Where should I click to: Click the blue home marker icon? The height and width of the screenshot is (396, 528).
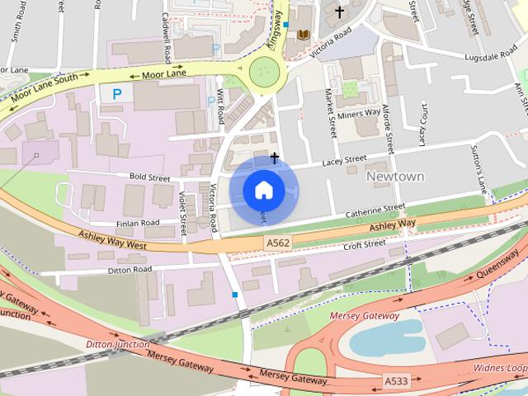point(262,191)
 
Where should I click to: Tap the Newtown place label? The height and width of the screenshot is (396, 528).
point(394,177)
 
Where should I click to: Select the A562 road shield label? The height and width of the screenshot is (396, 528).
point(277,243)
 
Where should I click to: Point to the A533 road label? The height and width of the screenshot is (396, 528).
point(396,380)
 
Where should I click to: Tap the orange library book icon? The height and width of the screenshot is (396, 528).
point(303,35)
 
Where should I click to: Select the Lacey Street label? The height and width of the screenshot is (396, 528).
point(343,161)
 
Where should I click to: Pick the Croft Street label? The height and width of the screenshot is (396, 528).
point(364,244)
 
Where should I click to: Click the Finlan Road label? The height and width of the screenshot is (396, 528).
point(137,223)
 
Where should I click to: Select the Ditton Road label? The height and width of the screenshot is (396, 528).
point(130,270)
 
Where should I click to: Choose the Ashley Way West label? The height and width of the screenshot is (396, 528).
point(112,240)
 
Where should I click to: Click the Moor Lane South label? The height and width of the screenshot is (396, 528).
point(45,89)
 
